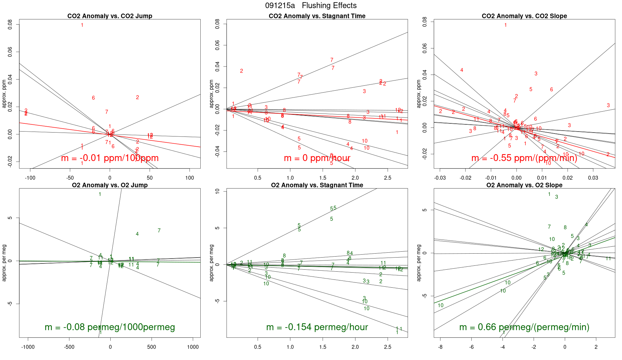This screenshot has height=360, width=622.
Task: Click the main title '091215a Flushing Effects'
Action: [311, 6]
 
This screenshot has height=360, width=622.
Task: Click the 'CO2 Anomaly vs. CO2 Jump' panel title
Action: [110, 16]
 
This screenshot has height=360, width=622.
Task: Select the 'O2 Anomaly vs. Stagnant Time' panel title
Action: [317, 185]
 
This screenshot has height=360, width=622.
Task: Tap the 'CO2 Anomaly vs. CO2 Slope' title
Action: [524, 16]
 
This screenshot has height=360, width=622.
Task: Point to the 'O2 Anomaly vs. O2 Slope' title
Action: [524, 185]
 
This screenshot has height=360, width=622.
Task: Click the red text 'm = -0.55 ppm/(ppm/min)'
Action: [524, 158]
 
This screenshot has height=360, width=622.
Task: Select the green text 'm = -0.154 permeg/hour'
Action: [317, 327]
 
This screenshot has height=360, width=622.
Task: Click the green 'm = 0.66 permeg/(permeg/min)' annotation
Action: [524, 327]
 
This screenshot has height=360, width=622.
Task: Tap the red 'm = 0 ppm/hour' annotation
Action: [317, 158]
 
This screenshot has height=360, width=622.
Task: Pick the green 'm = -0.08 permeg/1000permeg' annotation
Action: [110, 327]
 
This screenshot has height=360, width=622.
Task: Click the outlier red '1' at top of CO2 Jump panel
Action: [82, 25]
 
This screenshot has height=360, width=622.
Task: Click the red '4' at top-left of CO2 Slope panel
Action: [462, 70]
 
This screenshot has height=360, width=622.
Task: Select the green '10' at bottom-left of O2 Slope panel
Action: [441, 305]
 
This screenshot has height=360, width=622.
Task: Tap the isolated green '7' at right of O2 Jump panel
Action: [159, 230]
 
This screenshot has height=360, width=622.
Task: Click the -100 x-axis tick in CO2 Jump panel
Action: [30, 178]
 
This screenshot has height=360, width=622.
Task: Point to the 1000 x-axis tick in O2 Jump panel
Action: [193, 347]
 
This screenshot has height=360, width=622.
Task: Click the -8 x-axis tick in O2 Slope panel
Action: [440, 347]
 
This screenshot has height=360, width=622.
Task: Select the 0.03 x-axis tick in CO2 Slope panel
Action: [593, 178]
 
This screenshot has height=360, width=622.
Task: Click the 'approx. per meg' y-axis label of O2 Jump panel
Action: [4, 262]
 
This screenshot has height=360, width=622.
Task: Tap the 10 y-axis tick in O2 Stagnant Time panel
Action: [217, 191]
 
